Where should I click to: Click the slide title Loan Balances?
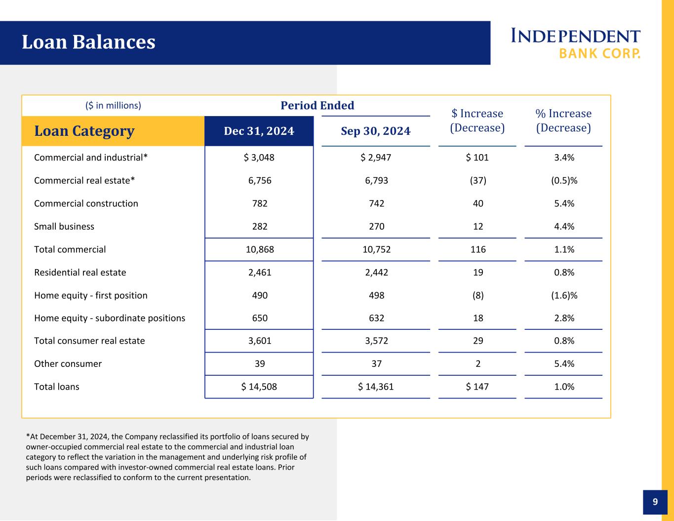(x=88, y=42)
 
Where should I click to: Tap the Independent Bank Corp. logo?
(x=575, y=43)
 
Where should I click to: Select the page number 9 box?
(x=655, y=502)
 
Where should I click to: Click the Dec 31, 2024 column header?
(x=259, y=131)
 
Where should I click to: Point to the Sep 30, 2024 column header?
(x=376, y=131)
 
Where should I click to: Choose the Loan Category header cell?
(x=113, y=131)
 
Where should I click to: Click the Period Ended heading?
(x=317, y=106)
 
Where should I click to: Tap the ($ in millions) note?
(x=113, y=106)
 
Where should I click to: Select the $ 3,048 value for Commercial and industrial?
(x=259, y=158)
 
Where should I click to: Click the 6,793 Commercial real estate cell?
(x=377, y=180)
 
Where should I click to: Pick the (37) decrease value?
(x=478, y=180)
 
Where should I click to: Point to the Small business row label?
(x=64, y=226)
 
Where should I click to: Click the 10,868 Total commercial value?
(x=260, y=249)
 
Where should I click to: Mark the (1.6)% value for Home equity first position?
(x=564, y=295)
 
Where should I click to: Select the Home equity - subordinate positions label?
(x=110, y=318)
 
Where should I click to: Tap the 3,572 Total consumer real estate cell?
(x=377, y=341)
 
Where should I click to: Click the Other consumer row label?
(x=68, y=364)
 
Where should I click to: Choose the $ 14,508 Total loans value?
(x=259, y=387)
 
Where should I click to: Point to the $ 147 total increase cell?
(x=477, y=387)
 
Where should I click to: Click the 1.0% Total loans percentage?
(x=564, y=387)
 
